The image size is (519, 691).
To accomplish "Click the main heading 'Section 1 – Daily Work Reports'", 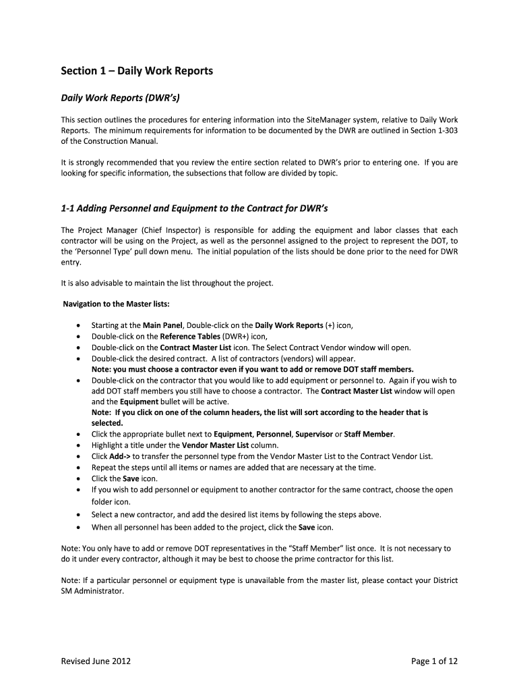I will (138, 71).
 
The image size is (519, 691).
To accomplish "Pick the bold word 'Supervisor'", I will (310, 435).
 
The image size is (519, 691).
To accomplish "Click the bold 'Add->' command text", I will (111, 457).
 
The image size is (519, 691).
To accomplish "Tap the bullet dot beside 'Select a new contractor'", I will (81, 515).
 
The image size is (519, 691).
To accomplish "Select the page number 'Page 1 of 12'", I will (434, 661).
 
